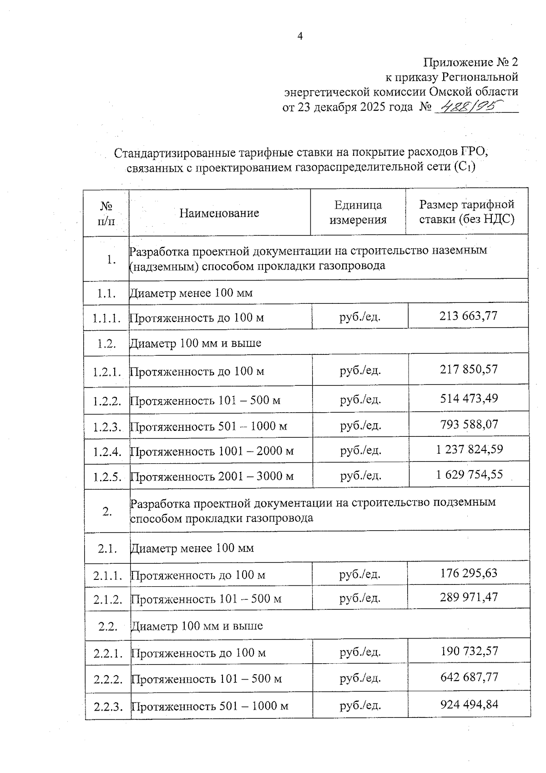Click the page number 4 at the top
pyautogui.click(x=300, y=36)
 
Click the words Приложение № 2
pyautogui.click(x=470, y=62)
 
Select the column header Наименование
pyautogui.click(x=219, y=213)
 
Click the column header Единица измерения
pyautogui.click(x=358, y=212)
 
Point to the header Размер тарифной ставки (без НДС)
pyautogui.click(x=466, y=212)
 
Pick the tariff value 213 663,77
pyautogui.click(x=468, y=315)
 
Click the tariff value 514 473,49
pyautogui.click(x=469, y=399)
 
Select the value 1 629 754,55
pyautogui.click(x=469, y=475)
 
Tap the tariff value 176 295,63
pyautogui.click(x=469, y=573)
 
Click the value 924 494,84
pyautogui.click(x=469, y=705)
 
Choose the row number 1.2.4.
pyautogui.click(x=107, y=452)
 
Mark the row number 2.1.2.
pyautogui.click(x=108, y=599)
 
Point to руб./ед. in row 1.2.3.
pyautogui.click(x=360, y=425)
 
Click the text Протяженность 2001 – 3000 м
pyautogui.click(x=212, y=477)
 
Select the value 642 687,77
pyautogui.click(x=469, y=677)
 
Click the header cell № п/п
pyautogui.click(x=106, y=213)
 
